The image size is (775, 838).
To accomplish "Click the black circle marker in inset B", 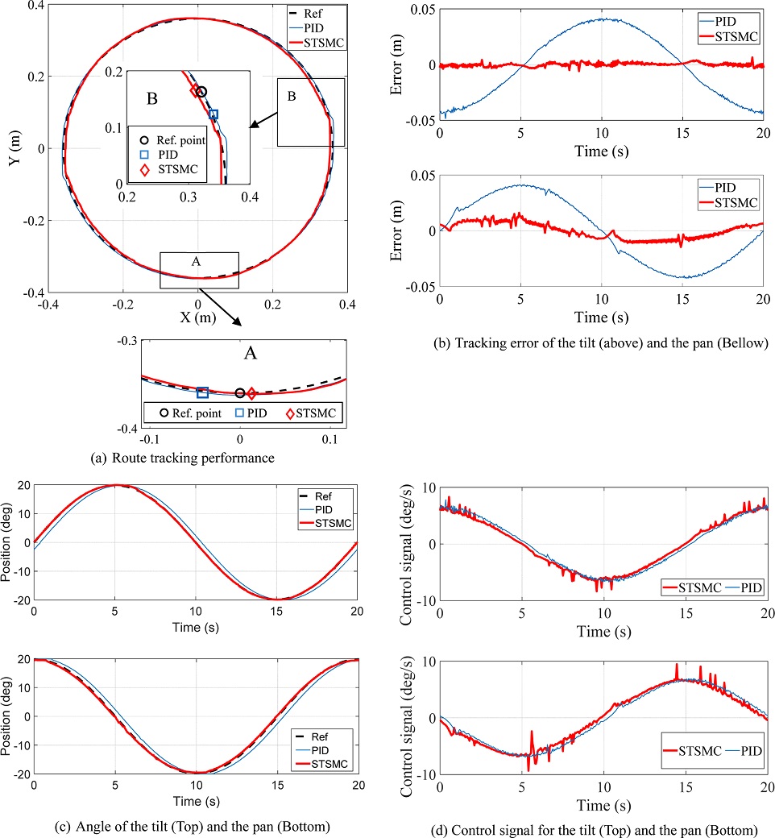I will coord(201,92).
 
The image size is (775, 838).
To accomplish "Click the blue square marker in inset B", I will coord(213,114).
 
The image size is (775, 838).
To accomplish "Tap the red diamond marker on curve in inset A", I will coord(251,393).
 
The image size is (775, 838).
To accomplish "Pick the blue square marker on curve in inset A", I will coord(202,392).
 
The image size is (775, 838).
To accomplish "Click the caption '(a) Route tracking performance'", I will coord(184,458).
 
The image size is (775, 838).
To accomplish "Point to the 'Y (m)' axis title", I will coord(14,149).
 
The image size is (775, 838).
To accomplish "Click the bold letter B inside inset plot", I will coord(151,101).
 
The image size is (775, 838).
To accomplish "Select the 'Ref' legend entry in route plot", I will coord(327,14).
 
